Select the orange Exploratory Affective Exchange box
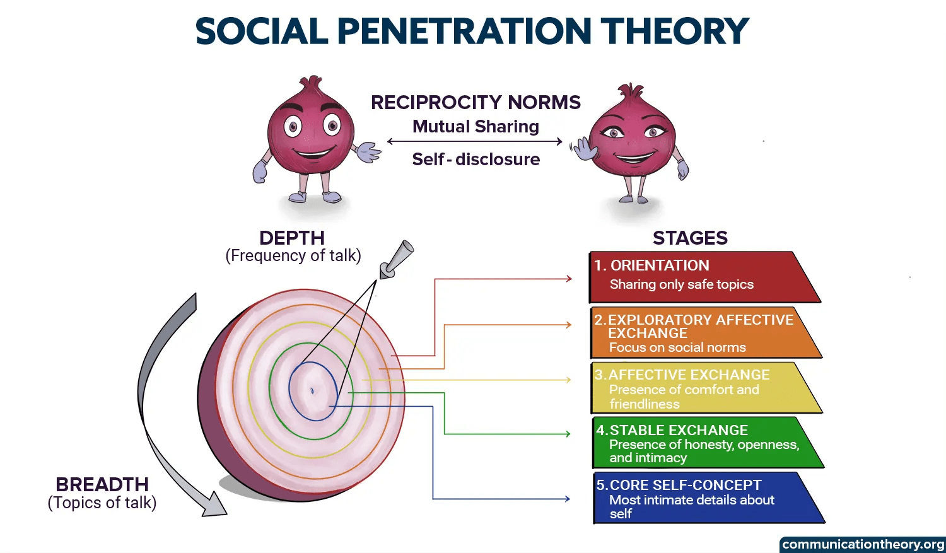[x=700, y=332]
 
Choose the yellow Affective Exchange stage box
[x=700, y=388]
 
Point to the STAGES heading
[x=690, y=238]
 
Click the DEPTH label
[x=292, y=238]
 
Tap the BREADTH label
[x=102, y=484]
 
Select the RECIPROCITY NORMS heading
[x=476, y=102]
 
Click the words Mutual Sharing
[x=476, y=127]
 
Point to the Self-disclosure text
[x=476, y=160]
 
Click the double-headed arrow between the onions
[x=474, y=142]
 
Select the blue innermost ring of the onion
[x=291, y=391]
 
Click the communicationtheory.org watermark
[x=863, y=544]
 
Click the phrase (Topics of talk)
[x=102, y=503]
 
